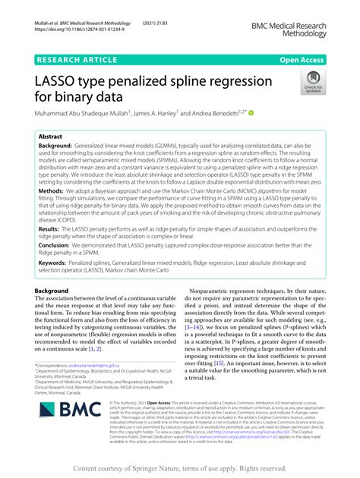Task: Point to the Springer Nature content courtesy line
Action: coord(179,468)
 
